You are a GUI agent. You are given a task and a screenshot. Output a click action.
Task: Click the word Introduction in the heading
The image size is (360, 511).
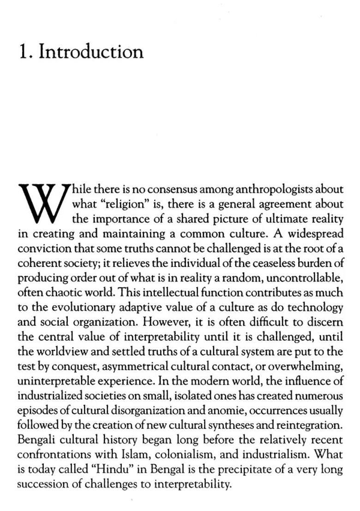(x=91, y=51)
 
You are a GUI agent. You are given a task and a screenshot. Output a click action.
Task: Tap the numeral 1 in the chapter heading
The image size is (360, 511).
(x=24, y=52)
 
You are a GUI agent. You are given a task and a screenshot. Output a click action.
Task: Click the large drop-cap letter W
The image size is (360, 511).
(x=44, y=202)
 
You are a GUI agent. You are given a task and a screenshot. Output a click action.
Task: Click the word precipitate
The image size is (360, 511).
(x=246, y=469)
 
